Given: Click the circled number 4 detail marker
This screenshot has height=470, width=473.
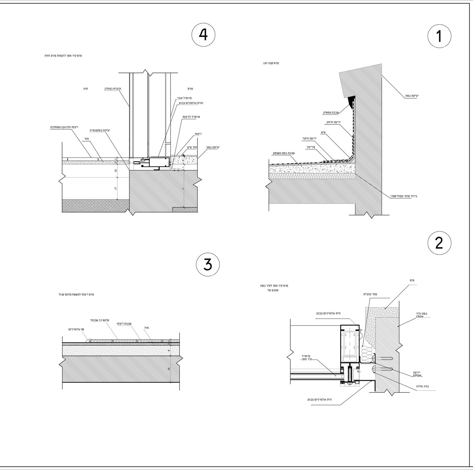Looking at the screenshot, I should pos(203,35).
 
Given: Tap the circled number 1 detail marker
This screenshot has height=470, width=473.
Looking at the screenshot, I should pos(439,36).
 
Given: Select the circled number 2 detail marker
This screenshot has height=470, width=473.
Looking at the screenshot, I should pos(439,243).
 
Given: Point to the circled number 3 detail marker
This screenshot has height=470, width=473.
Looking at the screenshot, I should pos(208,264).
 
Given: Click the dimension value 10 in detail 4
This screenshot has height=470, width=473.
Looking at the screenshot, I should pos(116,171).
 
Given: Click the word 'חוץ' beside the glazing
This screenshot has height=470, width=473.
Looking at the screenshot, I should pos(84,89).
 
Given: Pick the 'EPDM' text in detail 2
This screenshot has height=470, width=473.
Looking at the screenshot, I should pos(418,375).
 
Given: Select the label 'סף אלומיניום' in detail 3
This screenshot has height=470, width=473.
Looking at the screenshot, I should pos(76,329).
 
